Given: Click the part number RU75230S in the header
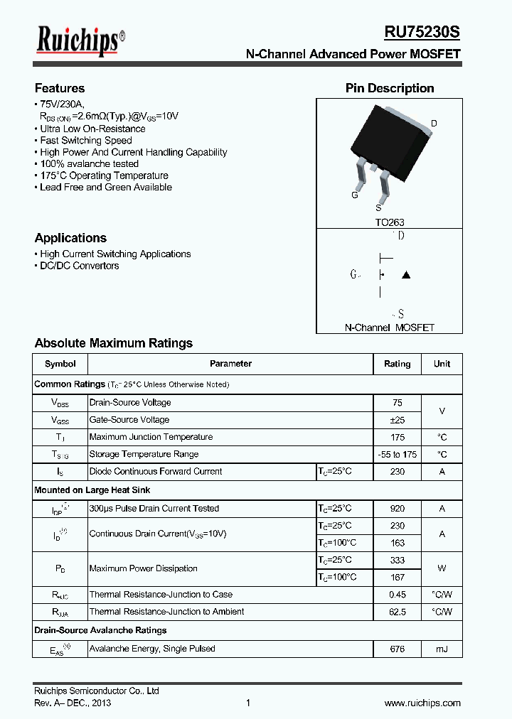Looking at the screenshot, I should coord(422,33).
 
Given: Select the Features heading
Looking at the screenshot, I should coord(60,89).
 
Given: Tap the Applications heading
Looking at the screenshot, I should coord(70,238).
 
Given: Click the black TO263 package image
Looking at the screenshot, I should coord(388,146).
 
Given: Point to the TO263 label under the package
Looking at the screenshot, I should coord(390,222).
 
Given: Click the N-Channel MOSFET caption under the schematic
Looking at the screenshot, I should coord(389,328).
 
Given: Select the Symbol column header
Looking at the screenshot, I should coord(60,364).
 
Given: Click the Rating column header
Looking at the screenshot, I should coord(397,364).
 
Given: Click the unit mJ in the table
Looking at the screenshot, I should coord(442,649).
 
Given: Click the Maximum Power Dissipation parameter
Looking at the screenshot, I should coord(144,568).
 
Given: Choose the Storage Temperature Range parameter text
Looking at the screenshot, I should coord(144,454).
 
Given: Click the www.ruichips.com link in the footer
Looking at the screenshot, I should coord(422,703).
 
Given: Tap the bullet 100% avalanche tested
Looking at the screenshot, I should coord(89,164).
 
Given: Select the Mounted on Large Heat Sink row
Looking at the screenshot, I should coord(92,490).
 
